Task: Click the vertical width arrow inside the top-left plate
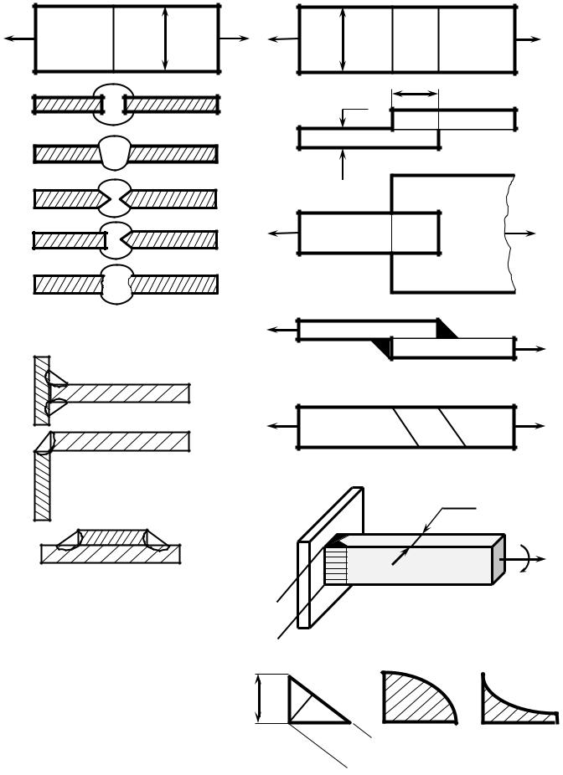[x=166, y=38]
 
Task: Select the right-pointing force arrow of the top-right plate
[x=529, y=38]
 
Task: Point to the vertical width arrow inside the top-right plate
[x=343, y=38]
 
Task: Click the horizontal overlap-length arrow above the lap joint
[x=415, y=95]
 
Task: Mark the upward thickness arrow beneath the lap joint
[x=343, y=164]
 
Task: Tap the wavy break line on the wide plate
[x=509, y=234]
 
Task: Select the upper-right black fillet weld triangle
[x=447, y=330]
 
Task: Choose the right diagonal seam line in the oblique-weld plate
[x=452, y=427]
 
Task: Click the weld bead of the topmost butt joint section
[x=113, y=94]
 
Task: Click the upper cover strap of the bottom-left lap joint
[x=112, y=536]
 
